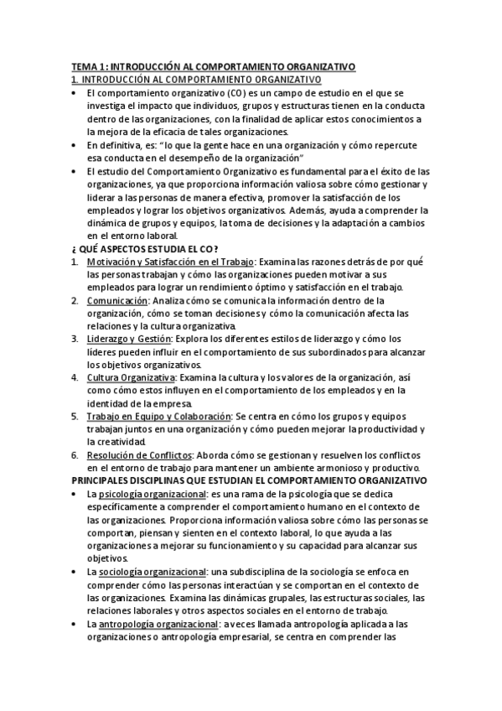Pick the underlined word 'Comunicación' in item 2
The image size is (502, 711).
point(117,300)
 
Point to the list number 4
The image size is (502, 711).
point(75,377)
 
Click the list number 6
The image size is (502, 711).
point(75,454)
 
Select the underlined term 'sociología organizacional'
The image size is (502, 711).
point(154,571)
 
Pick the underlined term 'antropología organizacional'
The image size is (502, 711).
point(158,623)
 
